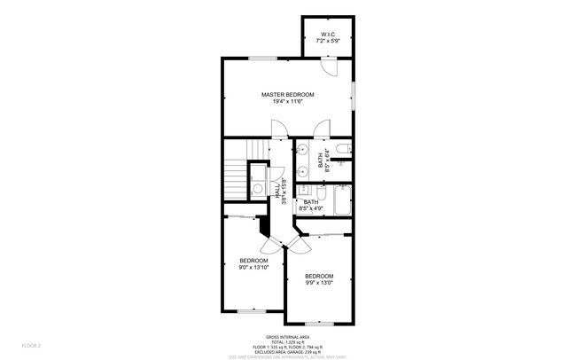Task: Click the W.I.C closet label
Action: [329, 35]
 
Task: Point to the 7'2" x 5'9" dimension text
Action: [329, 42]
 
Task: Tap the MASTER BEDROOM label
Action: [287, 94]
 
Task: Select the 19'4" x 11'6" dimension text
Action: [287, 101]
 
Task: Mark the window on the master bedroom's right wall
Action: [354, 93]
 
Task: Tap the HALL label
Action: [277, 190]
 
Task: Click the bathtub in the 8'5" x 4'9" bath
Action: [343, 202]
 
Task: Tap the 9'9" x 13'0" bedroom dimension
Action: [319, 284]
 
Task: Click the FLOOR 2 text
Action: [32, 344]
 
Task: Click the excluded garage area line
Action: [287, 351]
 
